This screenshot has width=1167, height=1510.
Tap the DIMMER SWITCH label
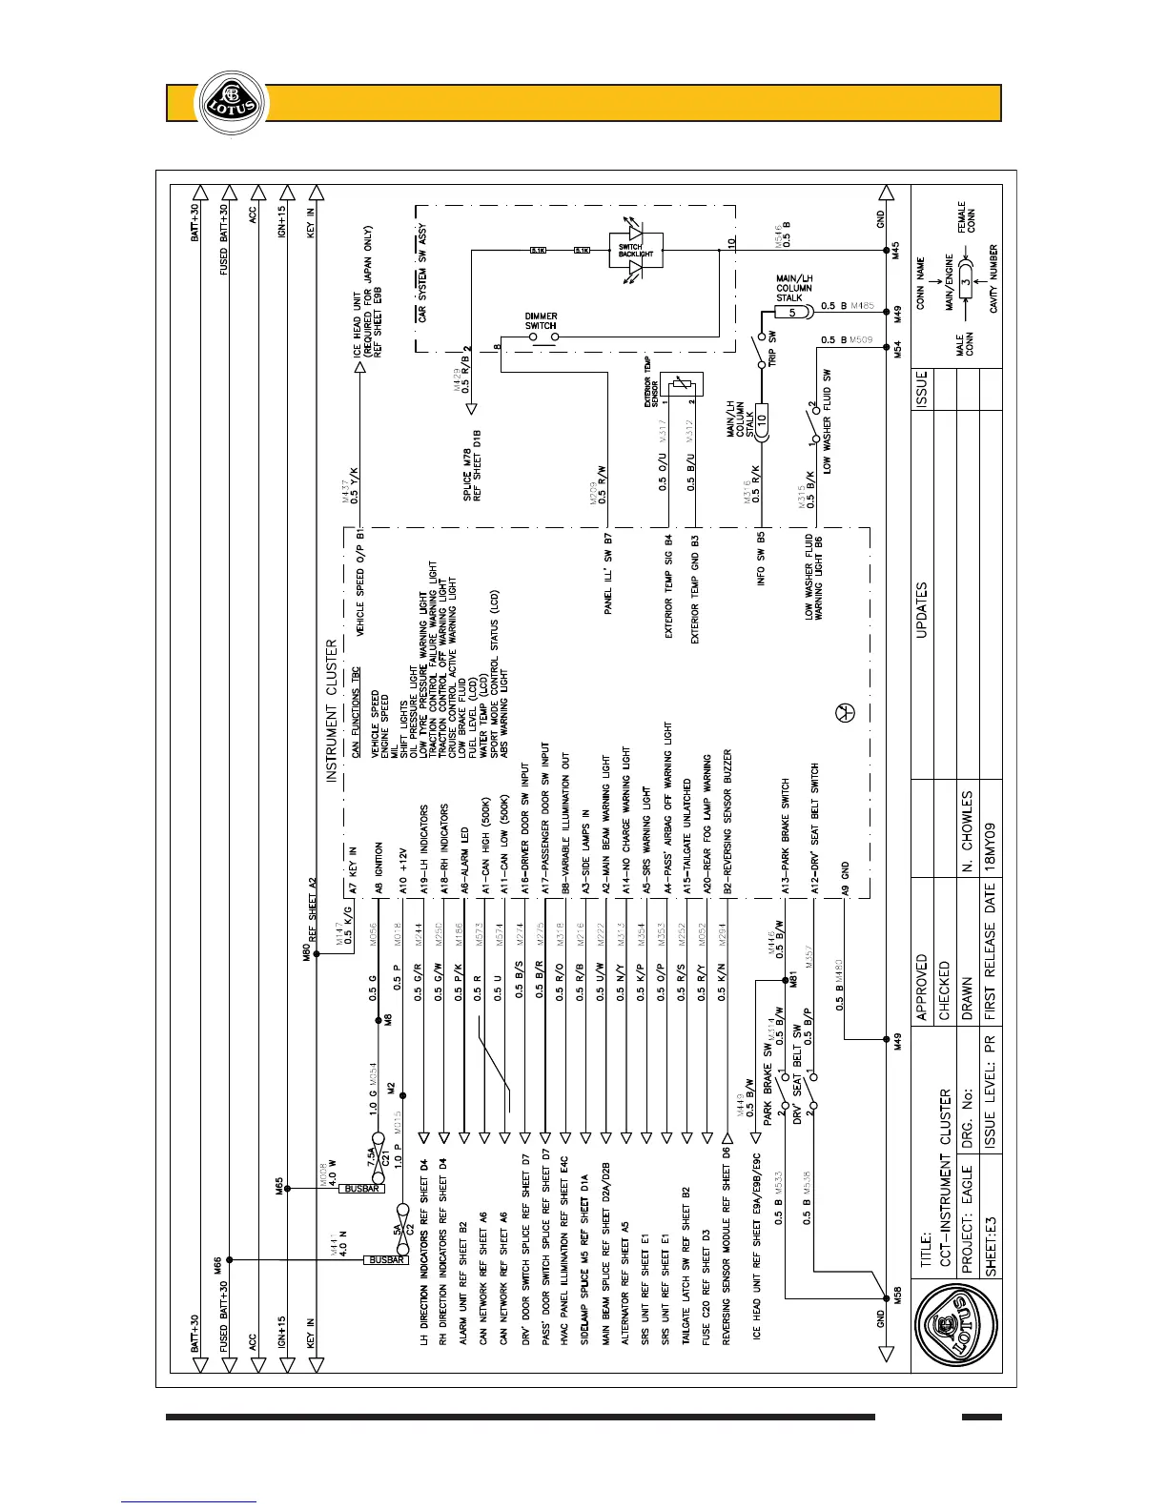(x=541, y=320)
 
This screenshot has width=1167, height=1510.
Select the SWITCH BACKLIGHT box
(x=636, y=251)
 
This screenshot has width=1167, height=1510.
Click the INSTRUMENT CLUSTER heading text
(x=332, y=710)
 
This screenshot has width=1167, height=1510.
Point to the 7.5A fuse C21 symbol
(x=378, y=1154)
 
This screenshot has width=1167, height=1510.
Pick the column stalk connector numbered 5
(x=792, y=312)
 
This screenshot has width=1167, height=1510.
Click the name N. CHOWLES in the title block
(x=967, y=830)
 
